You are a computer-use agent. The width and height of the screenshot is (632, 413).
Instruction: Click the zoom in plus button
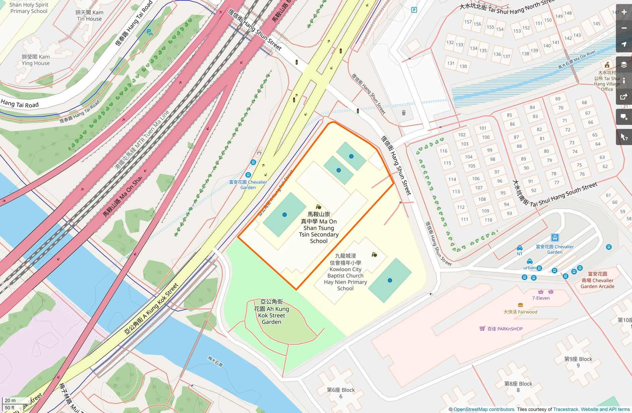tap(624, 12)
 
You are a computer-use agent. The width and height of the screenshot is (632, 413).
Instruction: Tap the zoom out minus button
tap(624, 28)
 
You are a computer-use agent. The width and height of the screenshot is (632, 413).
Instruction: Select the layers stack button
tap(624, 64)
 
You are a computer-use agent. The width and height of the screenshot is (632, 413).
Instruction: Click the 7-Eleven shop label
tap(541, 298)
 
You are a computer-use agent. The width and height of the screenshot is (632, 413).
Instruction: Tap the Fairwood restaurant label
tap(520, 312)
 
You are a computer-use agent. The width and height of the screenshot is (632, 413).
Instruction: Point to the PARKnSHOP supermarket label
tap(505, 329)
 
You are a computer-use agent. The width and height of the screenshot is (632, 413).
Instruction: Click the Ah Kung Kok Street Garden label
tap(271, 312)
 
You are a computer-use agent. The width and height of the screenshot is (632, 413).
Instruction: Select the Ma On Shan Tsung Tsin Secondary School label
tap(319, 228)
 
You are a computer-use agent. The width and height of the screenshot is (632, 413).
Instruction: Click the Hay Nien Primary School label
tap(345, 272)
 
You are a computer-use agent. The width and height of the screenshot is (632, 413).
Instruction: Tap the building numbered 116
tap(443, 151)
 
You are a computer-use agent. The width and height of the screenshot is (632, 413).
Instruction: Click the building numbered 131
tap(451, 63)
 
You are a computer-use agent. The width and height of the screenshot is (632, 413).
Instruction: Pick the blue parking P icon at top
tap(414, 10)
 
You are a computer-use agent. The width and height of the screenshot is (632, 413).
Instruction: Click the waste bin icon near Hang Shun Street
tap(404, 113)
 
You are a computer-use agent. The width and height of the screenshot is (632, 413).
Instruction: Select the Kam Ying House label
tap(36, 60)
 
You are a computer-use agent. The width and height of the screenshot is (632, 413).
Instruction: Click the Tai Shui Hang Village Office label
tap(607, 81)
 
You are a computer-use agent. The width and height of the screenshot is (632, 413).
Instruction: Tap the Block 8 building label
tap(518, 386)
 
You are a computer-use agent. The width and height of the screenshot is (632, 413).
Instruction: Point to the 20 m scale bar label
tap(10, 400)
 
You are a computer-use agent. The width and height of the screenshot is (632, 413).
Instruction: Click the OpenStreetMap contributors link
tap(484, 409)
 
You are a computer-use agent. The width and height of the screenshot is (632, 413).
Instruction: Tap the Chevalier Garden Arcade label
tap(597, 280)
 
